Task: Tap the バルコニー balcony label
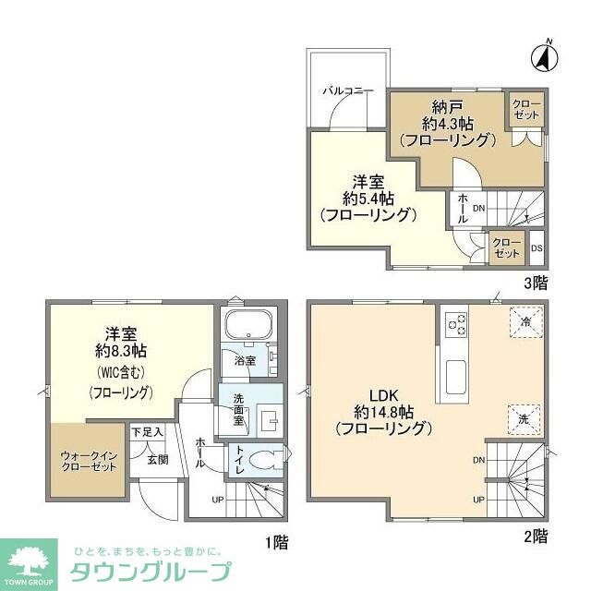(347, 91)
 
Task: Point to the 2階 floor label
(536, 536)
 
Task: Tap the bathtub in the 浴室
(246, 326)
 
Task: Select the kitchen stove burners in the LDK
(456, 323)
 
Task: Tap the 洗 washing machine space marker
(522, 419)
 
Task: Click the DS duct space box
(537, 247)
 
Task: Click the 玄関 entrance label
(157, 459)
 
